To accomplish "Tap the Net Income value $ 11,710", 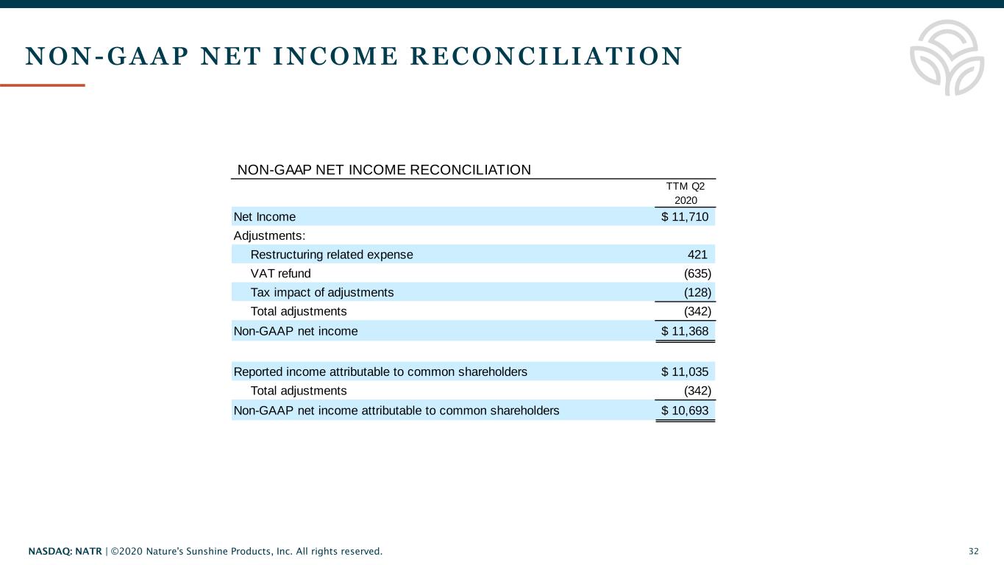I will click(x=685, y=217).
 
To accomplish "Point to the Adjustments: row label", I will click(x=269, y=236).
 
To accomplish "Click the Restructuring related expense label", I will click(x=332, y=255).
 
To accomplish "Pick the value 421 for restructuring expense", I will click(x=697, y=255).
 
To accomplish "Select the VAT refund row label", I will click(x=280, y=274).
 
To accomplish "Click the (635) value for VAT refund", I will click(x=697, y=274).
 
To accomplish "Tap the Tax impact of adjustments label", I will click(x=322, y=293).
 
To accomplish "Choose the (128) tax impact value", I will click(x=697, y=293).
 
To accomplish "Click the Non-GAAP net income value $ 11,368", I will click(x=685, y=331).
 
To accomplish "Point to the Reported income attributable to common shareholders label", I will click(x=380, y=372).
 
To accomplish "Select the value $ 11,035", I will click(x=685, y=372).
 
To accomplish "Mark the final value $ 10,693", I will click(x=685, y=411).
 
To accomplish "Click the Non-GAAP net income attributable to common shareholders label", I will click(x=396, y=411).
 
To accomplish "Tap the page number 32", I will click(x=974, y=551).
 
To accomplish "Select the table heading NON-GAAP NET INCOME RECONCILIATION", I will click(x=384, y=170).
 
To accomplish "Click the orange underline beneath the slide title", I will click(x=43, y=85).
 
